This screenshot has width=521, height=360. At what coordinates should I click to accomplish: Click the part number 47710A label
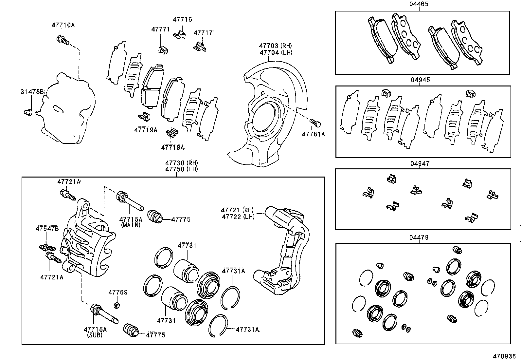[63, 25]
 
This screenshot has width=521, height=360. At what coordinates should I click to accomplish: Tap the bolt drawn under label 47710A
[62, 40]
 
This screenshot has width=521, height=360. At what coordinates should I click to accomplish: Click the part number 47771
[160, 29]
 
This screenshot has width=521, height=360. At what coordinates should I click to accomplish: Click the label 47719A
[146, 130]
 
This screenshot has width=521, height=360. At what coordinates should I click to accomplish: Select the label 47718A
[173, 147]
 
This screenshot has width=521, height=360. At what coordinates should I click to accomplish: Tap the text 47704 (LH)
[276, 52]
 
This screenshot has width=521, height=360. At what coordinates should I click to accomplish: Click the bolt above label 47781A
[315, 123]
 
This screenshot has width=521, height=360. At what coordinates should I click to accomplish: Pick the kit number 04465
[419, 4]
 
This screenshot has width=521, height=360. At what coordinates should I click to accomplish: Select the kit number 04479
[419, 237]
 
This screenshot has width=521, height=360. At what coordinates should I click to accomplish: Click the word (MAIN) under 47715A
[131, 225]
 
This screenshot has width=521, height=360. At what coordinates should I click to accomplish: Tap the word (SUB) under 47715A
[95, 335]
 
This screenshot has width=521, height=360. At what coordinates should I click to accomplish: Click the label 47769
[118, 292]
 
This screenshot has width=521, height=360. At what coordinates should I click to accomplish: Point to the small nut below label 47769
[116, 306]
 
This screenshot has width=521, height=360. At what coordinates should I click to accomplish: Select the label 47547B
[47, 229]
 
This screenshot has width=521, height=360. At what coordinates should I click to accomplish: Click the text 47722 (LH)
[238, 217]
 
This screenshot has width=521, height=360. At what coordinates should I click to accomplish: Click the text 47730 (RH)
[181, 163]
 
